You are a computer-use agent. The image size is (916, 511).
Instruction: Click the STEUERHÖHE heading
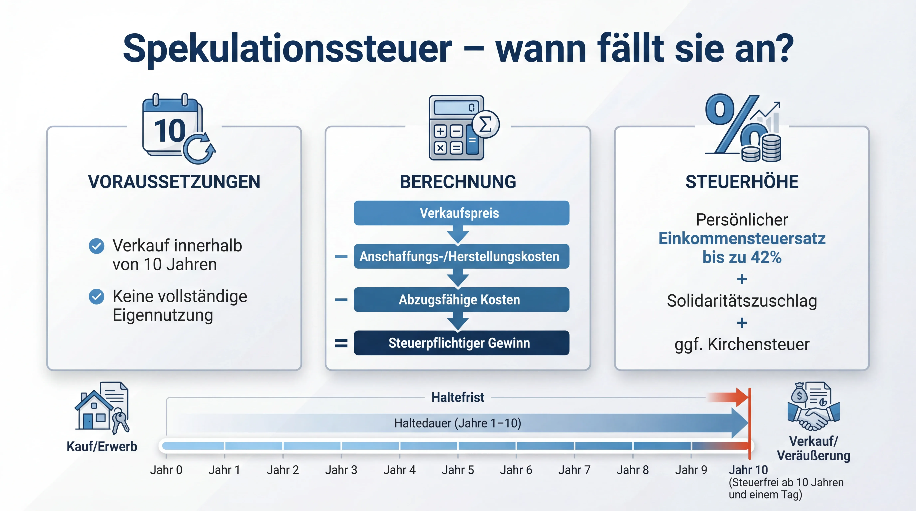click(x=742, y=182)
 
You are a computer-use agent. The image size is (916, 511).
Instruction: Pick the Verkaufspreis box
click(x=461, y=213)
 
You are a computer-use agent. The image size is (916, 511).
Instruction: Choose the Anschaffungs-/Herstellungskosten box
click(x=461, y=256)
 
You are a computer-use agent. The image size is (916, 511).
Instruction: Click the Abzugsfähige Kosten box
click(x=461, y=300)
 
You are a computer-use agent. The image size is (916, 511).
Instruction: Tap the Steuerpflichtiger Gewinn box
click(x=461, y=343)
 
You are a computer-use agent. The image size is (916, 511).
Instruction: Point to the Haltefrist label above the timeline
click(x=458, y=397)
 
